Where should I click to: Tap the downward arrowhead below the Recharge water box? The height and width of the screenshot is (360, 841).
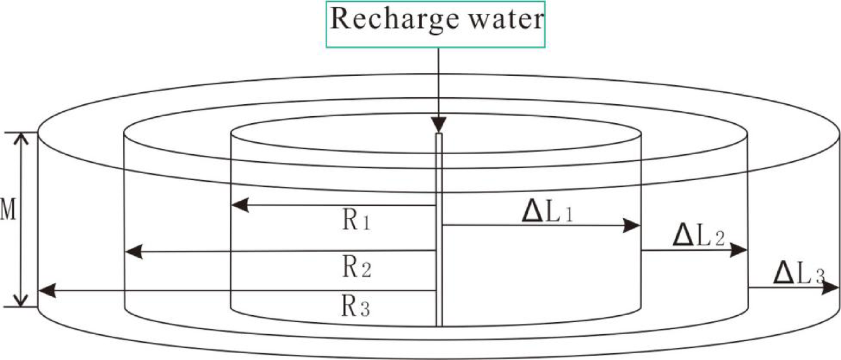[438, 124]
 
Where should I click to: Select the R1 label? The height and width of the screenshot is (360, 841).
[357, 222]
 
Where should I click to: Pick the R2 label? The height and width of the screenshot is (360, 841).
[357, 268]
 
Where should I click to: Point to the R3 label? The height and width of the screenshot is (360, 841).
[357, 308]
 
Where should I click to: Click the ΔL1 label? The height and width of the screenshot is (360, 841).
[548, 211]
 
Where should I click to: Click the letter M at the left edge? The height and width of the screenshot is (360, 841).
[8, 212]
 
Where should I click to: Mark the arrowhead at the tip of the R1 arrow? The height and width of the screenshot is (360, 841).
[239, 205]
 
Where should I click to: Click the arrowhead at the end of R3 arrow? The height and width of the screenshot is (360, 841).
[46, 291]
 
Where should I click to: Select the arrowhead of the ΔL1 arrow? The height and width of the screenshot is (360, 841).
[633, 225]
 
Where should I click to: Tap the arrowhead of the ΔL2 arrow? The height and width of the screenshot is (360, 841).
[739, 250]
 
